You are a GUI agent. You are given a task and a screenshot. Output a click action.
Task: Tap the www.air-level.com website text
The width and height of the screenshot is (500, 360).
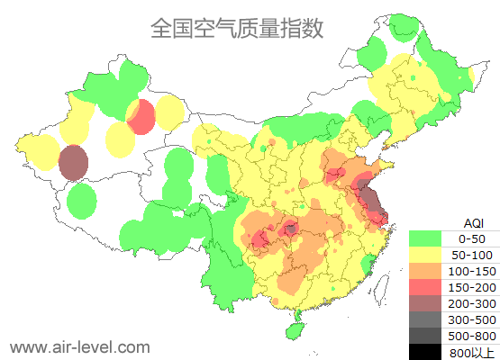(79, 346)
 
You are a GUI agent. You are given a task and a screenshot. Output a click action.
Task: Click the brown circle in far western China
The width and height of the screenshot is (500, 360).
(73, 163)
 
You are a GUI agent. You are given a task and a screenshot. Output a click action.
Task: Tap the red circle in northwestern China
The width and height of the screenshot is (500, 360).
(141, 117)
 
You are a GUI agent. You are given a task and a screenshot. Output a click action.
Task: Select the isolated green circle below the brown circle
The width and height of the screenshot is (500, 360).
(82, 201)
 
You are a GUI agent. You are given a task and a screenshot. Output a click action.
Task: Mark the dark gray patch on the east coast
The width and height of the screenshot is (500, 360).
(368, 196)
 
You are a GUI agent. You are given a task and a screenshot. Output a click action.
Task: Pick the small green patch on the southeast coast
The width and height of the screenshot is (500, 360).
(368, 264)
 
